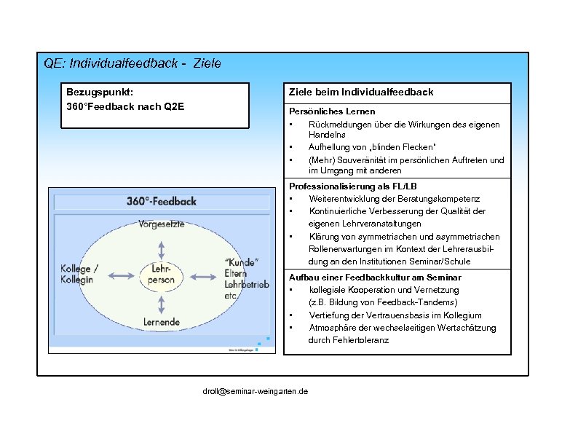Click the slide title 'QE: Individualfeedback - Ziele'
(x=132, y=64)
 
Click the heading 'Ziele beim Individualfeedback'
(x=360, y=92)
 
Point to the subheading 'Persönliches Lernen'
(x=332, y=111)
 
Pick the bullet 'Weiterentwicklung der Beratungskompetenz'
(x=394, y=199)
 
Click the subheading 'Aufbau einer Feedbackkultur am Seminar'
(x=375, y=278)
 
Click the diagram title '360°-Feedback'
(x=162, y=201)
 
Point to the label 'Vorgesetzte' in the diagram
(x=162, y=224)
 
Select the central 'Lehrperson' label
(x=162, y=274)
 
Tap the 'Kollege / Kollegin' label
(x=80, y=274)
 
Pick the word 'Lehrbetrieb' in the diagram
(x=247, y=286)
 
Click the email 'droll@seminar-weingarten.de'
(x=255, y=391)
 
